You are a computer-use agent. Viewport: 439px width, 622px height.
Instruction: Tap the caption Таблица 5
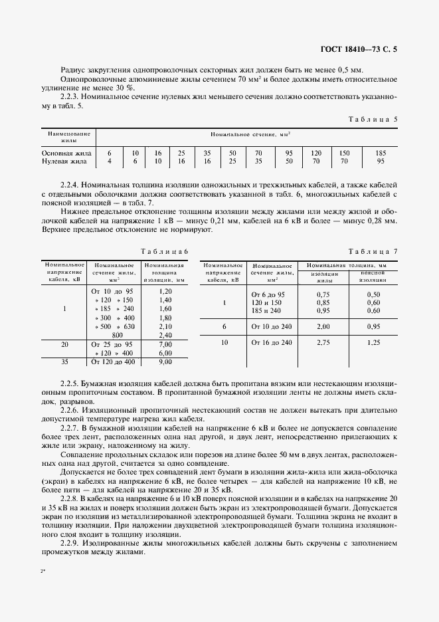[373, 119]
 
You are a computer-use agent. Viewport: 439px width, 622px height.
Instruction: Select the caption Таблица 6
[164, 251]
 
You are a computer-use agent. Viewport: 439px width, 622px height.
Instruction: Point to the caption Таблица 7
[373, 251]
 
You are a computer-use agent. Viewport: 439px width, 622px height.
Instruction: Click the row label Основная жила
[64, 153]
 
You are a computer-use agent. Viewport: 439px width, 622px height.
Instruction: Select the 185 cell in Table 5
[381, 153]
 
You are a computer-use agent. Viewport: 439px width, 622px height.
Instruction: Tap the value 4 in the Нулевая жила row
[110, 161]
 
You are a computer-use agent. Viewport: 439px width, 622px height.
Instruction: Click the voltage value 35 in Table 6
[64, 362]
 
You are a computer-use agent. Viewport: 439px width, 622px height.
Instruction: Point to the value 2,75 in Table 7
[323, 342]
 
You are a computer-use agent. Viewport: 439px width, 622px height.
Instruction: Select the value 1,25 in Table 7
[374, 342]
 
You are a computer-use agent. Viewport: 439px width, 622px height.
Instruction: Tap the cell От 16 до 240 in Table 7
[271, 342]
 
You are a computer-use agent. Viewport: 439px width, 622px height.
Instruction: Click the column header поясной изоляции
[373, 276]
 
